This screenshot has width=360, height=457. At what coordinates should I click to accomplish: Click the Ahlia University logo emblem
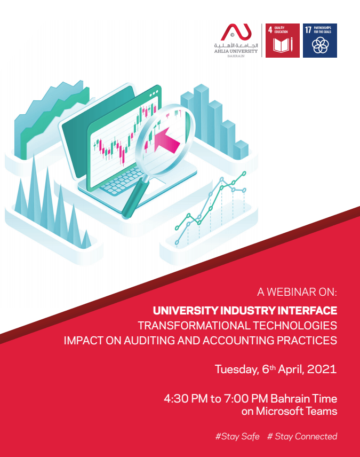coord(236,32)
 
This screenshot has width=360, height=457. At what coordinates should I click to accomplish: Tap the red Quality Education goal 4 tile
coord(283,41)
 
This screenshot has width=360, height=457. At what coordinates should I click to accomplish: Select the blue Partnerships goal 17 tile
coord(320,41)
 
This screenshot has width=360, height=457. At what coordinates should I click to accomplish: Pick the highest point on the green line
coord(244,174)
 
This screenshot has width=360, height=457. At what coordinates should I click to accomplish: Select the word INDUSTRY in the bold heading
coord(248,311)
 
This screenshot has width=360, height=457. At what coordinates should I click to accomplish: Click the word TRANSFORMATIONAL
coord(194,326)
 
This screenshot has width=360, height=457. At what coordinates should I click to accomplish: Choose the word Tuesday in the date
coord(236,369)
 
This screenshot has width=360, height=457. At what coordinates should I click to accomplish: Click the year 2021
coord(322,369)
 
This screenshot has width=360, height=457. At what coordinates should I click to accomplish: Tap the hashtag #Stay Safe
coord(237,436)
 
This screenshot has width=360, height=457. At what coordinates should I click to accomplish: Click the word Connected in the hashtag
coord(316,436)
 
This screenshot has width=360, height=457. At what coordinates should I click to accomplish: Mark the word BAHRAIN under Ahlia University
coord(236,56)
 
